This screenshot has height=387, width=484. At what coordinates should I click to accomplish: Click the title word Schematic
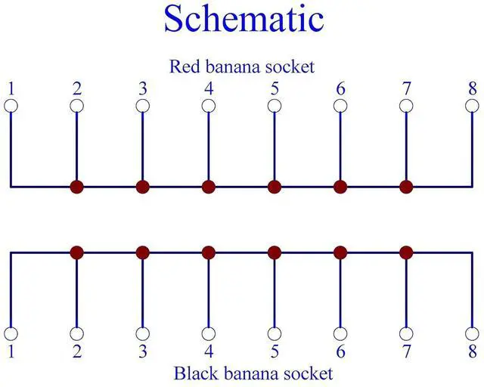pos(243,19)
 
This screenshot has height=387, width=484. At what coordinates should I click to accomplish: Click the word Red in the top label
pos(182,67)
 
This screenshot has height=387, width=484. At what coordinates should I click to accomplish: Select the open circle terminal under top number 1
pos(11,106)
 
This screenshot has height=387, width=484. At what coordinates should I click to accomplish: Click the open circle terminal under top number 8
pos(472,106)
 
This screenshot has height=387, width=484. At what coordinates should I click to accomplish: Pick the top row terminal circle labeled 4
pos(209,106)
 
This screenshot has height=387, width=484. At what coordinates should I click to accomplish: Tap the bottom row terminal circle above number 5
pos(275,333)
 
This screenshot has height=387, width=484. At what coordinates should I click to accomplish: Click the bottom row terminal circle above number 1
pos(11,333)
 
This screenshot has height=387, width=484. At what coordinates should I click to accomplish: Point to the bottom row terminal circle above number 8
pos(472,333)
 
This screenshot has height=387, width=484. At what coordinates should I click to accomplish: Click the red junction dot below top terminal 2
pos(76,186)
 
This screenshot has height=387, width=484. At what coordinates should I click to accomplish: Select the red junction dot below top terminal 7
pos(406,186)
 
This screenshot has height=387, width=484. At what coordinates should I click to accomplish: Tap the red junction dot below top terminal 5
pos(275,186)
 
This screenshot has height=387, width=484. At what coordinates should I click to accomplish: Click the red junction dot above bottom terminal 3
pos(143,252)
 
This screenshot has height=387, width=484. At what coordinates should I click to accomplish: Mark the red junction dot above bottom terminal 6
pos(340,252)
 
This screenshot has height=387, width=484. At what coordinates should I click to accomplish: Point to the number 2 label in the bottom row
pos(76,352)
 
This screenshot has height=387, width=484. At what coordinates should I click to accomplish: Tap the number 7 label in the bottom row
pos(406,352)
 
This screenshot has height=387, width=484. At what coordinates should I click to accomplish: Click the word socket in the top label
pos(290,67)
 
